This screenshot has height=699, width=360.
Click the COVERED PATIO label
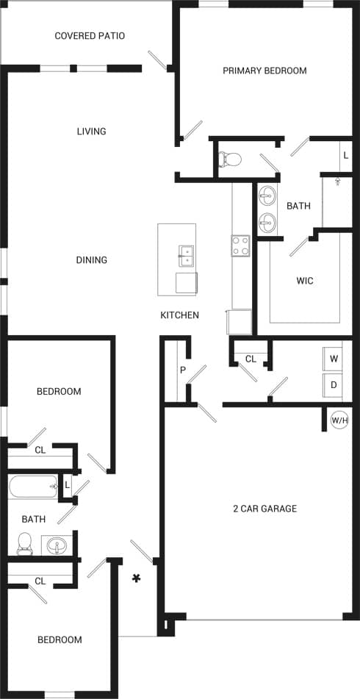point(90,36)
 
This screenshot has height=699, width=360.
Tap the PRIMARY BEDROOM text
point(264,71)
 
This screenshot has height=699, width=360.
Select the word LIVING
point(91,132)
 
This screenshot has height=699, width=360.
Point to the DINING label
point(91,260)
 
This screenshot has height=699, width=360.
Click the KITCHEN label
point(180,315)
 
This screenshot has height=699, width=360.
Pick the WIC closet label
point(305,281)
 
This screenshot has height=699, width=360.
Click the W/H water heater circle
point(339,420)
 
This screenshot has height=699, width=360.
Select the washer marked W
point(334,359)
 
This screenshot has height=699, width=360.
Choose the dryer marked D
point(334,384)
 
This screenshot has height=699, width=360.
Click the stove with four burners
point(241,245)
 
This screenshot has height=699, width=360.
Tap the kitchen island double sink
point(187,255)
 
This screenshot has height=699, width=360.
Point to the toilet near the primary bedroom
point(231,158)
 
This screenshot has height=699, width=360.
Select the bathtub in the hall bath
point(33,487)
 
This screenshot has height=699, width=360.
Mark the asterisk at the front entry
point(136,578)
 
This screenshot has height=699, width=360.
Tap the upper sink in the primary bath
point(267,196)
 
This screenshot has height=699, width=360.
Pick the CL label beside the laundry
point(251,359)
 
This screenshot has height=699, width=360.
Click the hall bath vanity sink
point(56,546)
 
